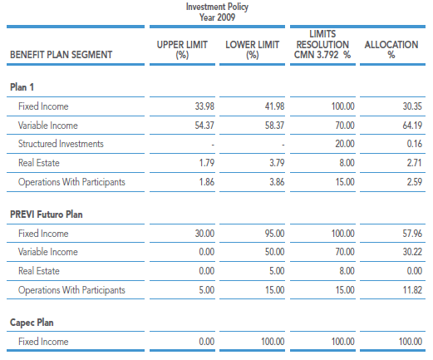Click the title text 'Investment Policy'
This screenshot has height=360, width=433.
pos(217,7)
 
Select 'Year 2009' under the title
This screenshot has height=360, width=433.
pos(217,17)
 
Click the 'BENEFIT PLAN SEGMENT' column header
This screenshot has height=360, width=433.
pos(62,55)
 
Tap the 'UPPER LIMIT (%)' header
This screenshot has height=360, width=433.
pos(182,50)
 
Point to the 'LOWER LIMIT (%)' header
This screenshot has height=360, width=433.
pos(252,50)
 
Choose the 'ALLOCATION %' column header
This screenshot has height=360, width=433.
pos(391,50)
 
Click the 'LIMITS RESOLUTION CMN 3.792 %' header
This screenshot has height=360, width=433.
pos(322,44)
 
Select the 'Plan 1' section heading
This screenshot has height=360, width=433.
pos(22,87)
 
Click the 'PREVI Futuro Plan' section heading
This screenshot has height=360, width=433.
pos(47,215)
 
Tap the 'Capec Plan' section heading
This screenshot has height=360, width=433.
pos(32,323)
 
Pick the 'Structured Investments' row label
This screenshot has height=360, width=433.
pos(61,144)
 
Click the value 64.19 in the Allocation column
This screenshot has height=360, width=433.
pos(412,126)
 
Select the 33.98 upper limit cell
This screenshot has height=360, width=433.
pos(204,106)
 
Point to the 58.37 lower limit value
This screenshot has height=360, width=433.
pos(274,126)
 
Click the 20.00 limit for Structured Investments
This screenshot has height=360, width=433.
pos(345,144)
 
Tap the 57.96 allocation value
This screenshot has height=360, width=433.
pos(412,234)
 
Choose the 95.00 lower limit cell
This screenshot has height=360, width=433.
pos(274,234)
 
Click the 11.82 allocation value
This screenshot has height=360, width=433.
pos(412,290)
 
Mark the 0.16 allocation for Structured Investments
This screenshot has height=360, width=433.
pos(415,144)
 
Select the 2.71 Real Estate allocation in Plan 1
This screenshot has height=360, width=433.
pos(415,163)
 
